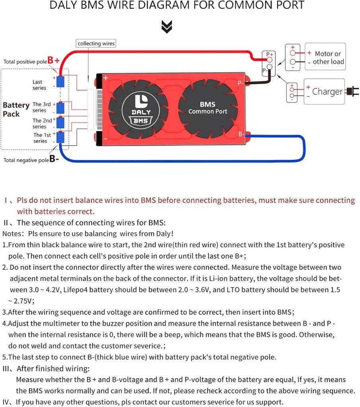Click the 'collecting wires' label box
click(x=96, y=43)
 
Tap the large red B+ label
click(x=54, y=60)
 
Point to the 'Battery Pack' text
click(x=16, y=109)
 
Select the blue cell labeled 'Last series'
click(x=60, y=81)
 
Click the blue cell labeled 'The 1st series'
click(x=60, y=138)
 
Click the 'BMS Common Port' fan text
click(x=207, y=108)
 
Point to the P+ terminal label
click(x=270, y=54)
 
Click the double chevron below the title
click(x=167, y=27)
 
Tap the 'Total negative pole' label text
click(x=26, y=160)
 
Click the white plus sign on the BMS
click(x=106, y=78)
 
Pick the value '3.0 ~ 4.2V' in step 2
click(x=38, y=290)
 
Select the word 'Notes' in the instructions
click(x=11, y=234)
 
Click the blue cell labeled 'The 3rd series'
click(x=60, y=108)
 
